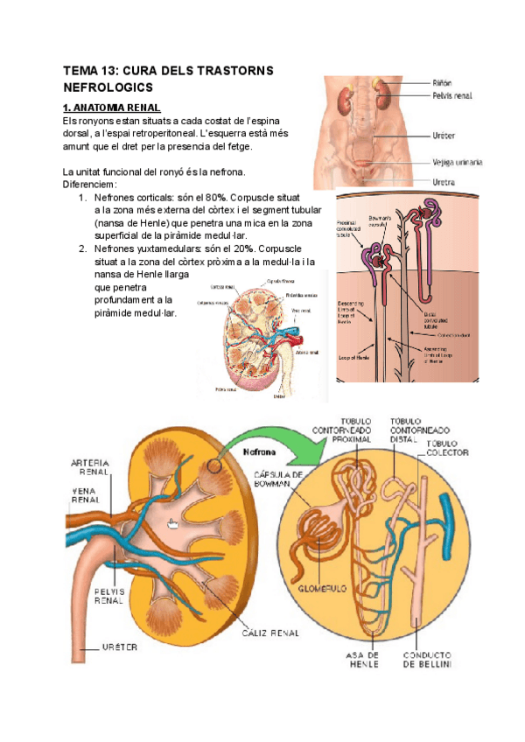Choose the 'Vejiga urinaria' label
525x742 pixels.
pos(458,162)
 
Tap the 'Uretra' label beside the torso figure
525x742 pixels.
pos(443,182)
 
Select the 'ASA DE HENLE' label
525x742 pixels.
pos(360,659)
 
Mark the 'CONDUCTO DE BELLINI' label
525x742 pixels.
pos(426,659)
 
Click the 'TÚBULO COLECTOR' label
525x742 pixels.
pos(448,448)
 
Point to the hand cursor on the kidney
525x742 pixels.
pos(173,523)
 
